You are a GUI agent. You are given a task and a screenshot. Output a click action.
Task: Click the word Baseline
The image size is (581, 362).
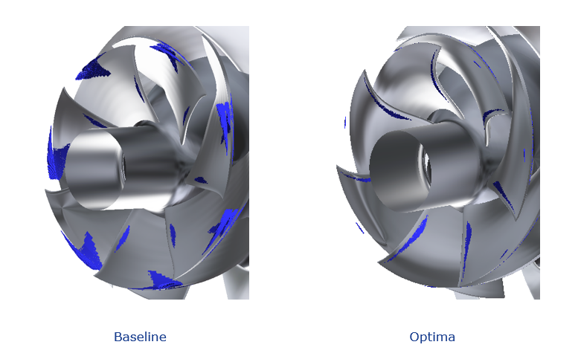[140, 337]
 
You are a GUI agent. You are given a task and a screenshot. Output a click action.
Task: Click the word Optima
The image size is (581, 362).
[432, 337]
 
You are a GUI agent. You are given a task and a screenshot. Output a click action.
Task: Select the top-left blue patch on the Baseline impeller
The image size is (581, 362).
[94, 68]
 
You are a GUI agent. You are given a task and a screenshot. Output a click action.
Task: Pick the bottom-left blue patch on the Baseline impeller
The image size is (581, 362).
[89, 251]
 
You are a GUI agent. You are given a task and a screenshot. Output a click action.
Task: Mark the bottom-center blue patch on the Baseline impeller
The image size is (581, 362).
[164, 280]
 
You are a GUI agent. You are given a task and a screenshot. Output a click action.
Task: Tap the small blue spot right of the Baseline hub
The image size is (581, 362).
[199, 180]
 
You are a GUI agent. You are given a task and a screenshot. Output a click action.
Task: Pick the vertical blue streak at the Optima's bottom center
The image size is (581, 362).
[467, 249]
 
